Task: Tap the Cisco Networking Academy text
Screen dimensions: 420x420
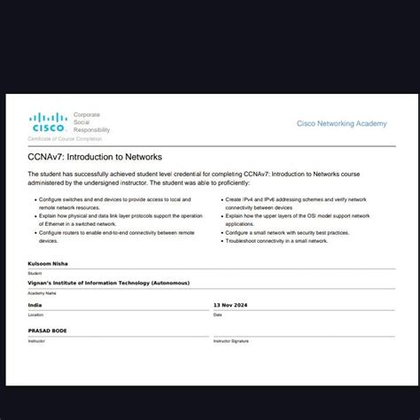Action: [x=341, y=124]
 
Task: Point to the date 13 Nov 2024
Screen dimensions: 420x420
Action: [x=233, y=305]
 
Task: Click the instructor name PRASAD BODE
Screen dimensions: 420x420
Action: [x=48, y=331]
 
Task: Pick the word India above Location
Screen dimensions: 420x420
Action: [x=35, y=305]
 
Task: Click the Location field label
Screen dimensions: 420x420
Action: [x=35, y=315]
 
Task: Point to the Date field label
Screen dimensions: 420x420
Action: [x=217, y=315]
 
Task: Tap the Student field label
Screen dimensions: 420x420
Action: [x=35, y=274]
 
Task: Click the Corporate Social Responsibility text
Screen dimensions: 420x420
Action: [x=91, y=123]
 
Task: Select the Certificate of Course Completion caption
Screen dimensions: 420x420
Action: [x=64, y=139]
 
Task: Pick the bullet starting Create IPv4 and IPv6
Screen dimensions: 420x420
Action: [x=297, y=204]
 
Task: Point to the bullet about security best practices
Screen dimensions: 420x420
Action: [x=288, y=232]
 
